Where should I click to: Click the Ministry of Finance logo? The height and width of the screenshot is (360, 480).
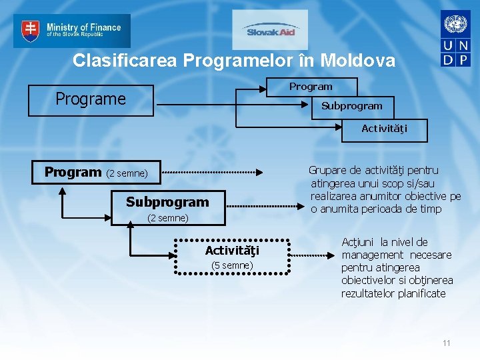72,31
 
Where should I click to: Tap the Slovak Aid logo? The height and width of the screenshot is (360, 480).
270,30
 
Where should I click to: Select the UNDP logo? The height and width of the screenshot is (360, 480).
455,39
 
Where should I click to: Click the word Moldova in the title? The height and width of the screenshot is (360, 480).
357,61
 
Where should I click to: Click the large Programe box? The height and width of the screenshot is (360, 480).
91,99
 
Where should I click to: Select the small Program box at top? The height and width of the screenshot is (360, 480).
311,87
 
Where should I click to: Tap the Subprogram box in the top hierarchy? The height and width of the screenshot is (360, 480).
351,106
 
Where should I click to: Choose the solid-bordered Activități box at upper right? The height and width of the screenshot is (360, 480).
384,129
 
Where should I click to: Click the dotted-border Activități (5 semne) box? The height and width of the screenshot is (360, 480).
232,257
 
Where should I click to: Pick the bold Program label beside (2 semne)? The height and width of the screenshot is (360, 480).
73,172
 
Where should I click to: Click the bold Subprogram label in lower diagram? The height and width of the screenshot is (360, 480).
167,202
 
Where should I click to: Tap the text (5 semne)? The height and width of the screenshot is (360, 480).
232,265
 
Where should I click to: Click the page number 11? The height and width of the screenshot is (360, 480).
446,343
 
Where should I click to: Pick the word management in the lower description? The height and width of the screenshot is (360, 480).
373,255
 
